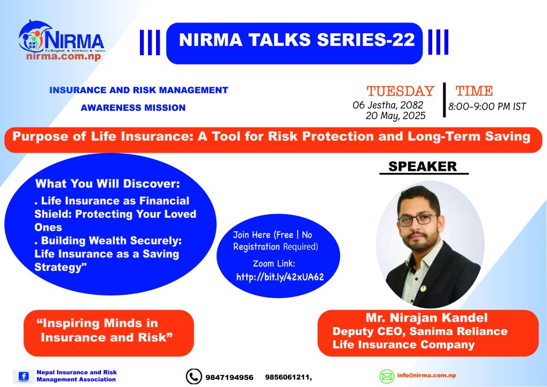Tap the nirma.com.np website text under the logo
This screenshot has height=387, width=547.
point(64,57)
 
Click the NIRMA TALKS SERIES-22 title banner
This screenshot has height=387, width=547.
point(294,43)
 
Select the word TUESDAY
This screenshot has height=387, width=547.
point(401,91)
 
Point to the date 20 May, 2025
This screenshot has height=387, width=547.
point(396,116)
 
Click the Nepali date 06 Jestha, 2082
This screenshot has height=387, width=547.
point(388,105)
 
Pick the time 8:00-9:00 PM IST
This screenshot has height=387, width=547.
point(487,107)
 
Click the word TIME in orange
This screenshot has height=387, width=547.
point(474,91)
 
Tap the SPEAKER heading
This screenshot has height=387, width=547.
point(423,166)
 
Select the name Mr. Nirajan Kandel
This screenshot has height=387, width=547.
point(427,317)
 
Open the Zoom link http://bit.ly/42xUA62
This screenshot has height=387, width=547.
point(280,277)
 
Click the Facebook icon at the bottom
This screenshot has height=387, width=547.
point(24,376)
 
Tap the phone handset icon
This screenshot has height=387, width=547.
point(193,376)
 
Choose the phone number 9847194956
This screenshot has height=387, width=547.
point(229,377)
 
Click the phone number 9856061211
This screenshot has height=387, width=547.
point(287,377)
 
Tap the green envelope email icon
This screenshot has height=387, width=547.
point(387,376)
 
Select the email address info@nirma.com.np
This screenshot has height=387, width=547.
point(426,375)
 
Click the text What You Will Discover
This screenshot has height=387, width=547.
point(107,184)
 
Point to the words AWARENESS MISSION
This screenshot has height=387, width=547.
point(133,108)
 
